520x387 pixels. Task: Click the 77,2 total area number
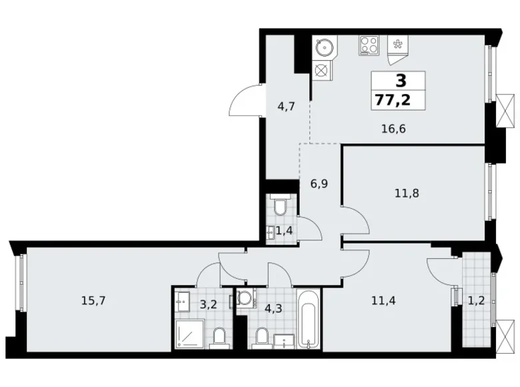[x=399, y=100]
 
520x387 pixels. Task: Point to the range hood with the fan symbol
[x=399, y=47]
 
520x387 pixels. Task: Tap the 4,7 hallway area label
[x=286, y=105]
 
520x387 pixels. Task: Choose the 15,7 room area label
[x=93, y=300]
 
